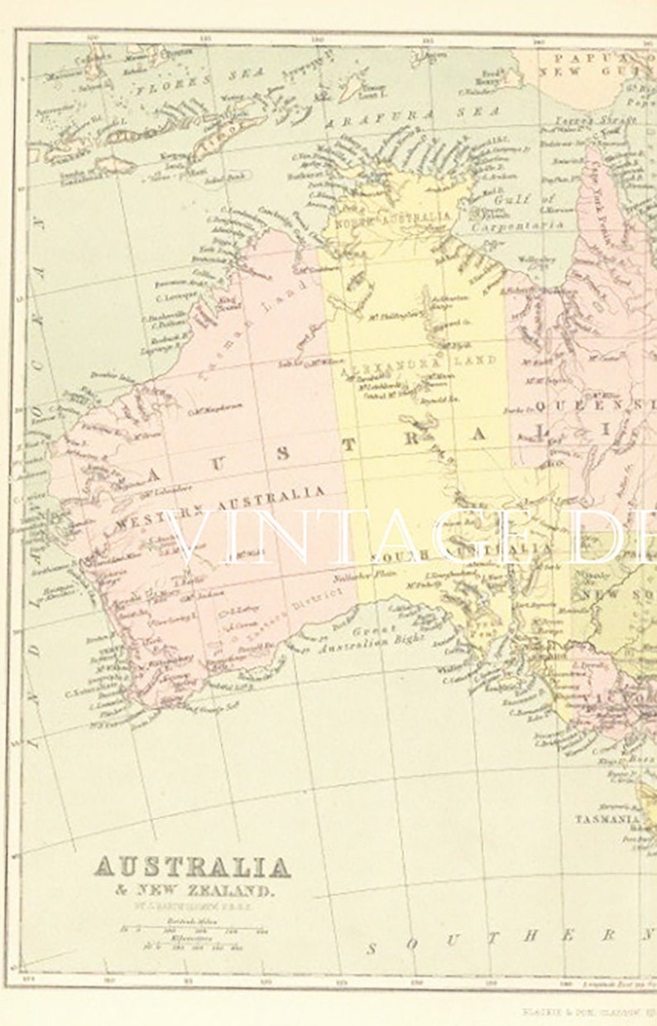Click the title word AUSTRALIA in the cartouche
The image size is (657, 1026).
tap(191, 867)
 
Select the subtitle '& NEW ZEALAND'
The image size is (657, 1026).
tap(191, 891)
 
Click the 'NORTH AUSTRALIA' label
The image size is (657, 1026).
tap(394, 219)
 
